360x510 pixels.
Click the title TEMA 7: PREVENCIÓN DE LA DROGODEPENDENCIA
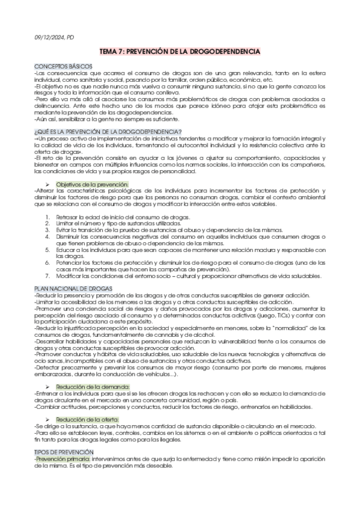180,52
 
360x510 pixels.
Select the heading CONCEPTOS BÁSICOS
63,65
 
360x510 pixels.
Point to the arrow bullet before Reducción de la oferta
49,419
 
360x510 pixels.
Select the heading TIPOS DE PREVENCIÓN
64,452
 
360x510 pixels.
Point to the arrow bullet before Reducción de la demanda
49,386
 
